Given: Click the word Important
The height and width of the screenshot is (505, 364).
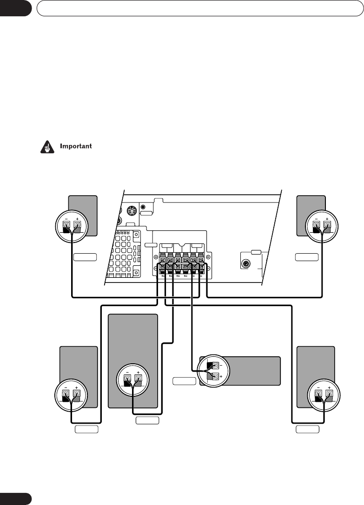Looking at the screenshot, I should (77, 146).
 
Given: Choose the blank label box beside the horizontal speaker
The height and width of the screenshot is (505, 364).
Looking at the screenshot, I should (184, 381).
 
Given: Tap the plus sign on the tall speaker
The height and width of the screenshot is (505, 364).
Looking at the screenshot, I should (138, 373).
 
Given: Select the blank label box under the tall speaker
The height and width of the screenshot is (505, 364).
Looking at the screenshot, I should (147, 420).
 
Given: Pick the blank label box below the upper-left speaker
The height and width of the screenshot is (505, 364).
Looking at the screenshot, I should (85, 256).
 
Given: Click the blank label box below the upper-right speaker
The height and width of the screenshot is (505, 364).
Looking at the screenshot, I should (307, 256).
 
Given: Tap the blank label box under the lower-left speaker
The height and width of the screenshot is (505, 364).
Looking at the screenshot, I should (86, 428).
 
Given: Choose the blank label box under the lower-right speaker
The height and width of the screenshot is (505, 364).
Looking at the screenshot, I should (308, 428).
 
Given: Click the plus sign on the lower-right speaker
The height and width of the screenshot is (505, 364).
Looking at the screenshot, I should (329, 387).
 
